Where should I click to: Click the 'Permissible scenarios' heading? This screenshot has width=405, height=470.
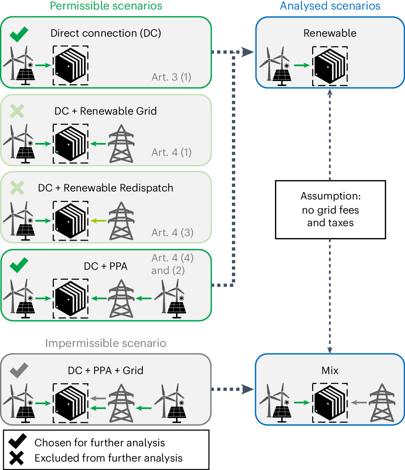click(x=106, y=6)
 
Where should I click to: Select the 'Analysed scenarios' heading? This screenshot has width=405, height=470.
click(x=330, y=6)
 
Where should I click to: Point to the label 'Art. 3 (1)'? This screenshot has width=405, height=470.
click(x=171, y=77)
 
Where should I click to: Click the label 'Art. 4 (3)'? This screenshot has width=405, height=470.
click(x=172, y=232)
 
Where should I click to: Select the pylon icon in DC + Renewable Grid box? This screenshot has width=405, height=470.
click(x=121, y=144)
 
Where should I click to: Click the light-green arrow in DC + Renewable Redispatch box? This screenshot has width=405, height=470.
click(x=99, y=220)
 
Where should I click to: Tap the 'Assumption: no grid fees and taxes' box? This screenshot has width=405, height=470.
click(x=330, y=209)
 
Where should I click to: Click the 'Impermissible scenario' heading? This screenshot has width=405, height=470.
click(x=106, y=343)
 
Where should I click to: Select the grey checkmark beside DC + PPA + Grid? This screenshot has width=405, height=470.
click(x=19, y=370)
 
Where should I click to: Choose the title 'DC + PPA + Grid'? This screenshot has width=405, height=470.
click(x=106, y=370)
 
